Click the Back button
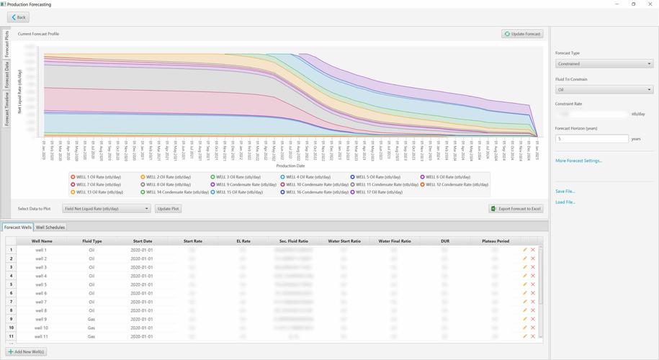(x=18, y=17)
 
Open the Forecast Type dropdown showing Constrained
(x=604, y=64)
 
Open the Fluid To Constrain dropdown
(x=604, y=90)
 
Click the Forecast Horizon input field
(x=591, y=139)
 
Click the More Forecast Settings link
(x=578, y=161)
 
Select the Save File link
(x=565, y=192)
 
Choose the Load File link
(x=565, y=202)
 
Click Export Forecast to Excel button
(x=515, y=209)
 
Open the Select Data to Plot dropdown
(x=106, y=209)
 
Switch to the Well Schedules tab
(x=50, y=228)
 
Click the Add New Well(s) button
(x=27, y=351)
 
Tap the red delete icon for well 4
(x=533, y=276)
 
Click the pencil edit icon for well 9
(x=525, y=319)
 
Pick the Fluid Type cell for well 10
(x=91, y=328)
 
